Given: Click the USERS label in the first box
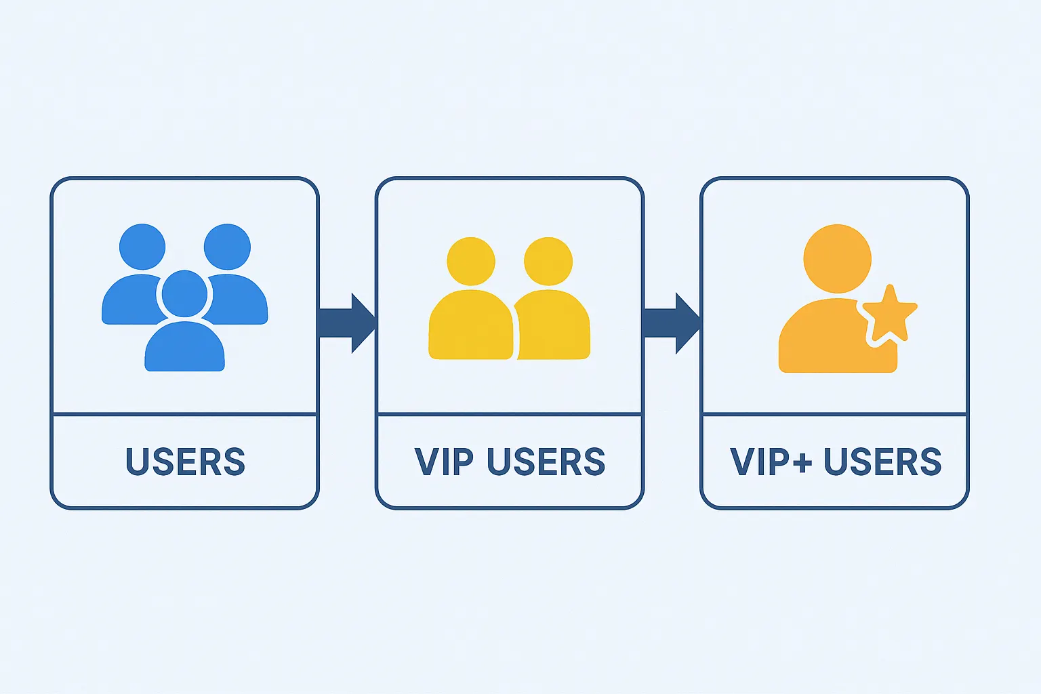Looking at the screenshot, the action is (x=185, y=461).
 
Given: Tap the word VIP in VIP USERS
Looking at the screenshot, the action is (x=444, y=461).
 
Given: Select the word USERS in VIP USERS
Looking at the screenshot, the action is (x=546, y=461).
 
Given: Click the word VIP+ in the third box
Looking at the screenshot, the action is (x=771, y=461).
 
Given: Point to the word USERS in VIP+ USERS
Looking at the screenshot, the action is (x=882, y=461).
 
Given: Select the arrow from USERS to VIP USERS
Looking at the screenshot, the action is (x=347, y=323).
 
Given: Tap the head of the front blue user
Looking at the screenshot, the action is (x=184, y=293).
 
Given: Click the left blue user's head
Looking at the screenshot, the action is (x=142, y=247).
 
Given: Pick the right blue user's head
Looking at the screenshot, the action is (x=227, y=247).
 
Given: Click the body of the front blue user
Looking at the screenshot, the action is (x=184, y=346).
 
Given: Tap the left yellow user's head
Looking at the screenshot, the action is (x=471, y=261).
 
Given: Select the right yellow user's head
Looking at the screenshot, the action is (x=548, y=261).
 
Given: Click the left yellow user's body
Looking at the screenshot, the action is (x=471, y=325).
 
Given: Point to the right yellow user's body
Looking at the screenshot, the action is (x=552, y=325).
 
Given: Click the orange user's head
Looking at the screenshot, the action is (x=838, y=258).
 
